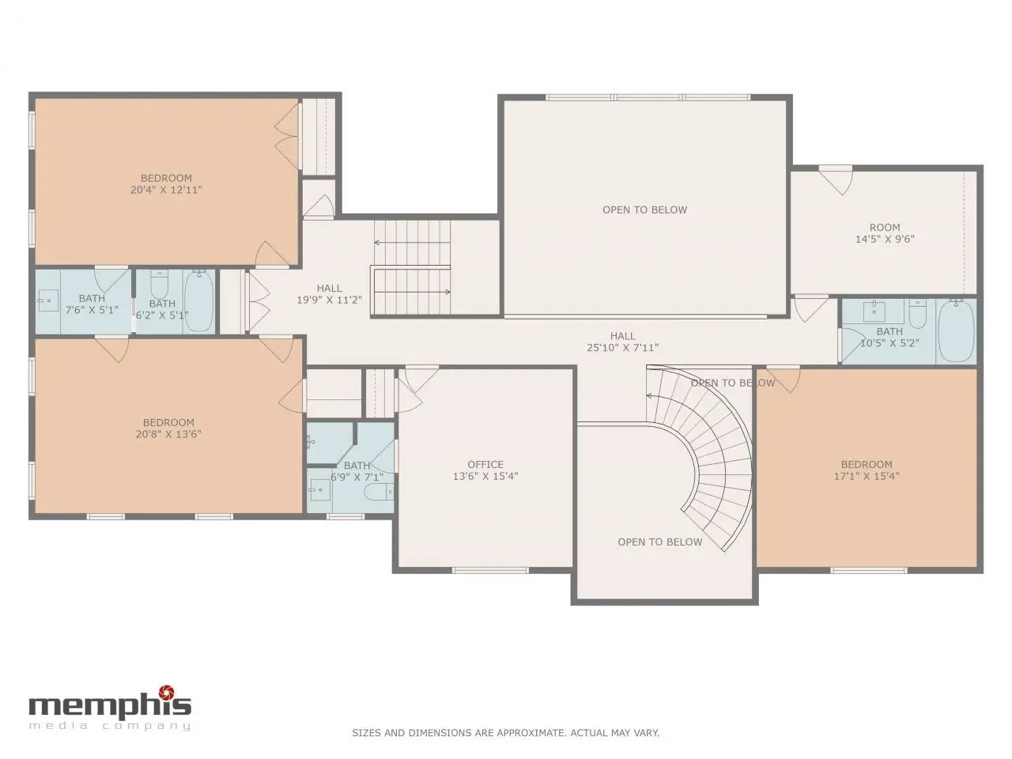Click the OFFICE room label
[485, 464]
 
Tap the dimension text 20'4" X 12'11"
[166, 190]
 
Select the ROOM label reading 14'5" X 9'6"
[885, 233]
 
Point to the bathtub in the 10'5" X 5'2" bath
[957, 330]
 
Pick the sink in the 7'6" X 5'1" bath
[47, 301]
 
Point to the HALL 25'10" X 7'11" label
[622, 342]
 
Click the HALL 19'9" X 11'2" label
[329, 294]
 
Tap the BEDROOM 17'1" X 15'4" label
[867, 470]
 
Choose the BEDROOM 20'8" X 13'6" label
[168, 428]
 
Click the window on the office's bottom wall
[489, 571]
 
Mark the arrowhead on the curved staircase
[649, 395]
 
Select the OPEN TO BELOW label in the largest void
[644, 210]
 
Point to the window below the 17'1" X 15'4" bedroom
[868, 571]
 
